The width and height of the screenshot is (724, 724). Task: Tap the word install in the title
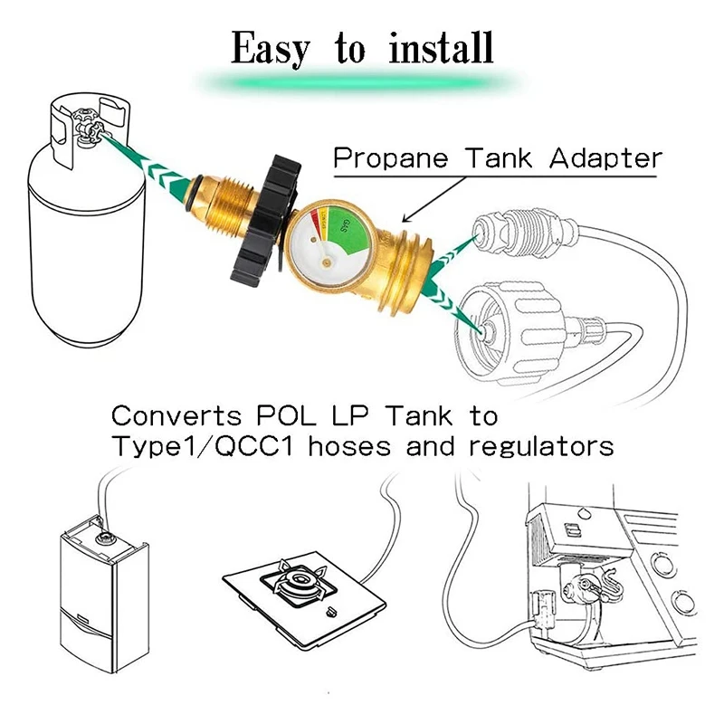coord(441,48)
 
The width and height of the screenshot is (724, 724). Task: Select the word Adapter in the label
coord(606,158)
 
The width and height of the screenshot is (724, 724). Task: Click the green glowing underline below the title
coord(362,84)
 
